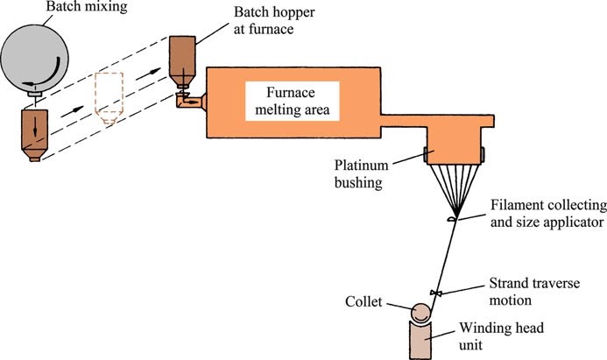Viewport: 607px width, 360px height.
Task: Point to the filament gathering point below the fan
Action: pyautogui.click(x=451, y=220)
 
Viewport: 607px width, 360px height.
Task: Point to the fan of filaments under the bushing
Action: pyautogui.click(x=452, y=188)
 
